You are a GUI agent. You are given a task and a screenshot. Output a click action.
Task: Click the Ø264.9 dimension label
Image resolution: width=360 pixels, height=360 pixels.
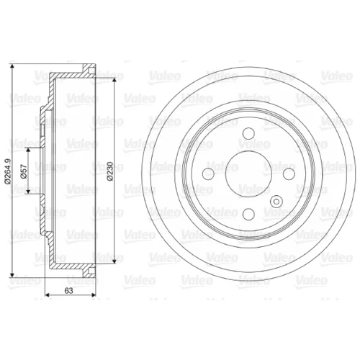click(8, 171)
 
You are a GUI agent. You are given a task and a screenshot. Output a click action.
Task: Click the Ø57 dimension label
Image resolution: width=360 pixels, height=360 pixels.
click(24, 171)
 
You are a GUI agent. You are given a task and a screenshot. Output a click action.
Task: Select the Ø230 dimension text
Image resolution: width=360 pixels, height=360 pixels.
click(110, 171)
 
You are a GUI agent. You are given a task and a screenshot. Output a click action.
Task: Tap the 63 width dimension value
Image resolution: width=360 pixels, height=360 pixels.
click(68, 291)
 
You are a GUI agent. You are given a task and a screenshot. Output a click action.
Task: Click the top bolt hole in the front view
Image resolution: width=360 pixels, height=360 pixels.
click(248, 133)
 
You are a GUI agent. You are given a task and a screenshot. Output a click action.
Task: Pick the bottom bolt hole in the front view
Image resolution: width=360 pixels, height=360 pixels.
click(248, 214)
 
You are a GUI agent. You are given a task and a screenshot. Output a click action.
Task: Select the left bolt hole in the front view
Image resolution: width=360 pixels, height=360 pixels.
click(208, 174)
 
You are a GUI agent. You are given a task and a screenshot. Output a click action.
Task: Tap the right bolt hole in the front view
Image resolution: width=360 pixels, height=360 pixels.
click(289, 174)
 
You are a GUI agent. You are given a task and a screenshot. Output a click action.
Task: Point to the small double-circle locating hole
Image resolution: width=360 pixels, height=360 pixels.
click(276, 202)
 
